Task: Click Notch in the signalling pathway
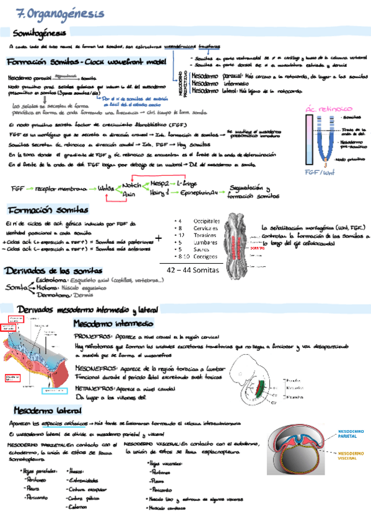pyautogui.click(x=132, y=185)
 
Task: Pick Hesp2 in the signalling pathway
pyautogui.click(x=161, y=184)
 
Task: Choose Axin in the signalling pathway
pyautogui.click(x=129, y=194)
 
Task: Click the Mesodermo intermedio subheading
pyautogui.click(x=113, y=324)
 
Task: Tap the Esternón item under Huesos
pyautogui.click(x=78, y=506)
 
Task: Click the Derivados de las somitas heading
pyautogui.click(x=45, y=271)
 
